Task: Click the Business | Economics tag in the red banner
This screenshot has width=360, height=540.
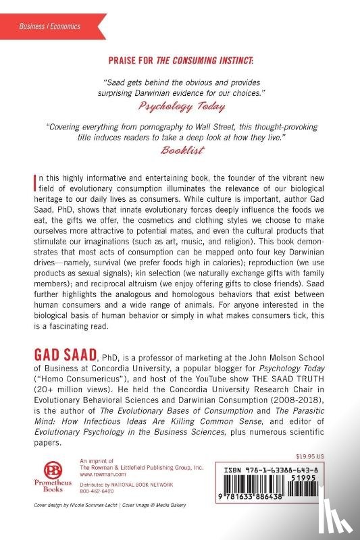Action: point(49,26)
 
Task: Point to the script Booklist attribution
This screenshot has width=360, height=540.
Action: point(180,151)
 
